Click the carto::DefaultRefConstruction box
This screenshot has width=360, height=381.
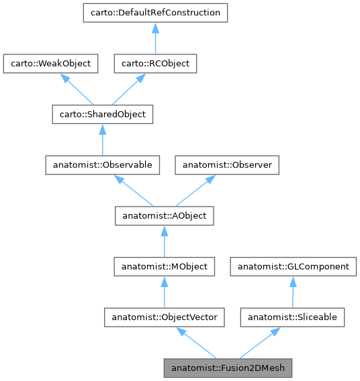pos(155,13)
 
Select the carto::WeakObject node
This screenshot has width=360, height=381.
pos(51,64)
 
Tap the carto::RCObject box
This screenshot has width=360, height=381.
pos(155,64)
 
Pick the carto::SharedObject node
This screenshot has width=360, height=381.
pos(102,114)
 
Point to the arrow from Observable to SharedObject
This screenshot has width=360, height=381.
pos(102,140)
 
